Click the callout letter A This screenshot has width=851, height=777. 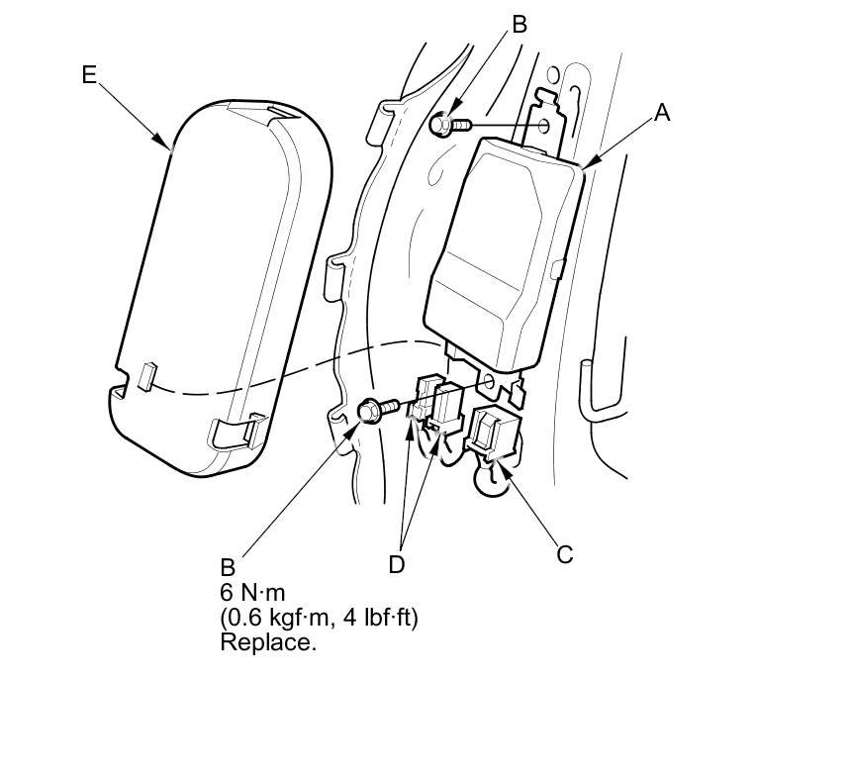click(661, 114)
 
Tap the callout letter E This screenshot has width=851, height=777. click(90, 74)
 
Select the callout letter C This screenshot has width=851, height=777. click(564, 554)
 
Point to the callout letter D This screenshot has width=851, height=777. click(397, 563)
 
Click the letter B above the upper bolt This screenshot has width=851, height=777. click(520, 25)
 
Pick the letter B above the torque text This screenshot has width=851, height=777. click(228, 568)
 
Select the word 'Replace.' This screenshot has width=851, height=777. click(268, 641)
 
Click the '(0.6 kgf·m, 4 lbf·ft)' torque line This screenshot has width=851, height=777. click(320, 618)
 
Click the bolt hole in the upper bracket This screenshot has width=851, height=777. click(543, 126)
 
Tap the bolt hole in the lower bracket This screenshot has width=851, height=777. click(486, 381)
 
